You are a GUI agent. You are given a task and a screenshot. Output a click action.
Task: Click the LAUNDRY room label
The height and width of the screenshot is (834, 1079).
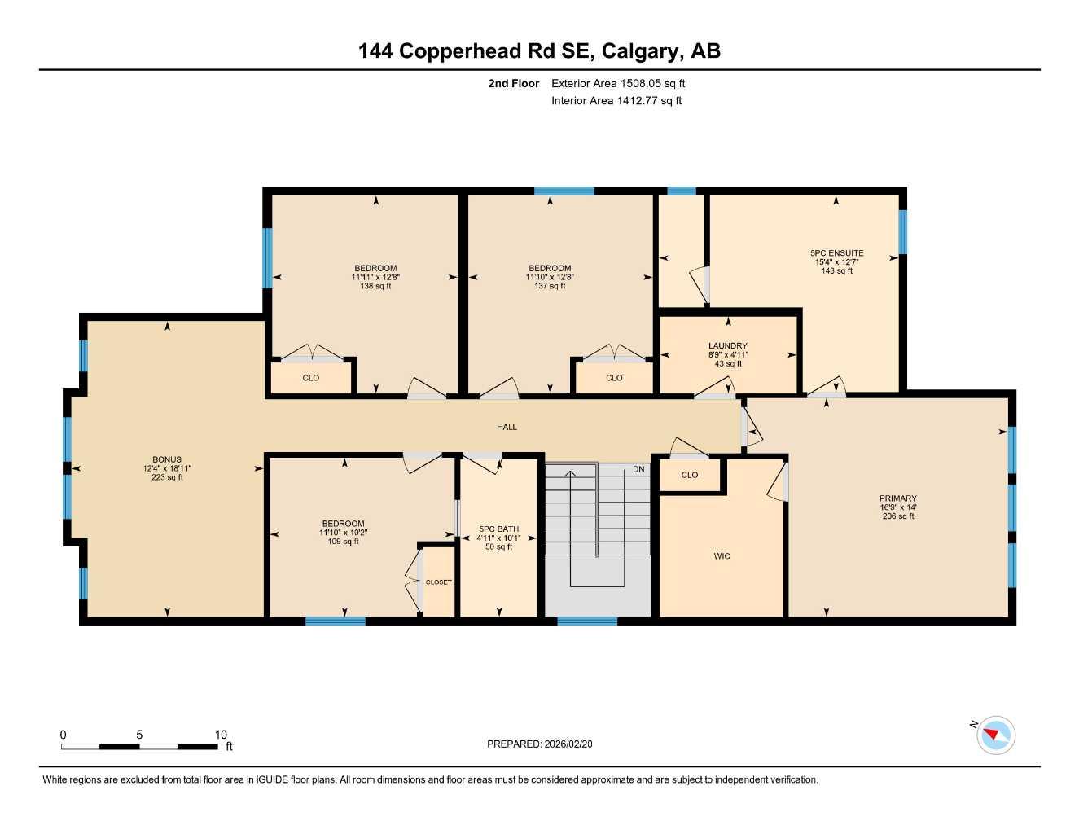coord(727,346)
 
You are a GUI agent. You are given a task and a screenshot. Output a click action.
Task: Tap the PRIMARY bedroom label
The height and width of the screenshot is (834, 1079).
coord(897,498)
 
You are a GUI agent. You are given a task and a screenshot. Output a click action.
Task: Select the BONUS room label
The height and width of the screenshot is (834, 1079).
coord(167,459)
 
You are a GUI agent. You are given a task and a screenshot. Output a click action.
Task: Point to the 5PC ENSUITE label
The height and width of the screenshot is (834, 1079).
coord(836,253)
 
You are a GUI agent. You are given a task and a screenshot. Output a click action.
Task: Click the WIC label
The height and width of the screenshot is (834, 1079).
coord(722,556)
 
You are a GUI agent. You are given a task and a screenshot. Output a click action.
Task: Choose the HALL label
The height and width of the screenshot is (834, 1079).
coord(507,427)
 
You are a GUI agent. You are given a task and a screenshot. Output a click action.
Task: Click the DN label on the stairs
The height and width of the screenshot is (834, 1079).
coord(638,470)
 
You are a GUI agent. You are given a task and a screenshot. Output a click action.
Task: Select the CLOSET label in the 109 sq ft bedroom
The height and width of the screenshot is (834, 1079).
coord(438,582)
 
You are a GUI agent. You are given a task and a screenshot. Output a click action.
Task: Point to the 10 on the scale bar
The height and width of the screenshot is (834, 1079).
coord(221,735)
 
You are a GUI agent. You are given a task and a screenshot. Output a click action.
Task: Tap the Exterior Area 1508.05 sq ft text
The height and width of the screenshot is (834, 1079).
coord(618,83)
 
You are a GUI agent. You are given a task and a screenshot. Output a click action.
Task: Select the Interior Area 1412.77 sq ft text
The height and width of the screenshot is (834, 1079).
coord(616,101)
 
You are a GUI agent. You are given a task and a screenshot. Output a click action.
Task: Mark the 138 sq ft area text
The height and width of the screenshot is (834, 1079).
coord(375,286)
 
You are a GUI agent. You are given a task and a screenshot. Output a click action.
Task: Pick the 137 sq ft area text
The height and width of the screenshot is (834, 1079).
coord(550,286)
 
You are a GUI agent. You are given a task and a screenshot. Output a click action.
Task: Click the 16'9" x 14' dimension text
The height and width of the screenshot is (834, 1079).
coord(897,507)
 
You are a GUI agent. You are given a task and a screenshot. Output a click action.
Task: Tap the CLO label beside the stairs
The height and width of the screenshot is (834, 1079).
coord(689,475)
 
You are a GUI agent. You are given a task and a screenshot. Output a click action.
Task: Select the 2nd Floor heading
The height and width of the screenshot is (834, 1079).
coord(513,83)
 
